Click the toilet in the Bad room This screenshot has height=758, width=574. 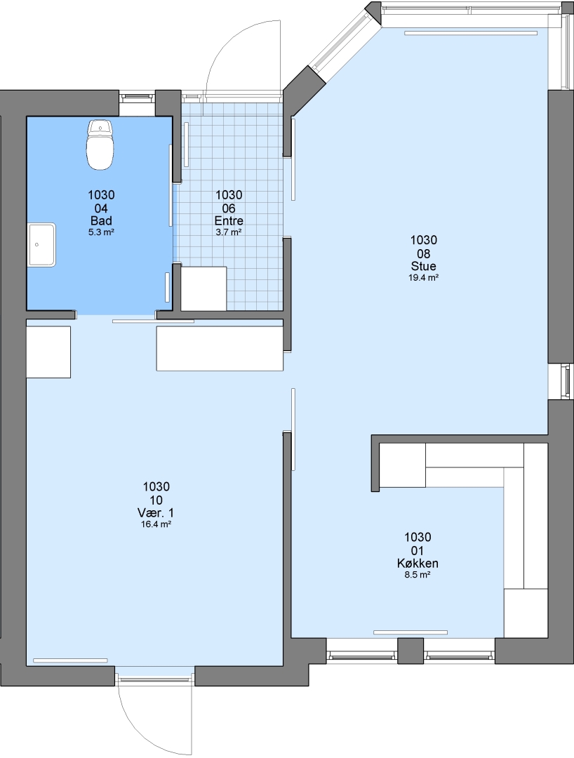click(100, 145)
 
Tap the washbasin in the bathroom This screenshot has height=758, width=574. click(41, 245)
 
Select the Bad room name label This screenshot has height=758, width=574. click(101, 221)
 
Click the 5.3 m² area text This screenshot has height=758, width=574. click(101, 232)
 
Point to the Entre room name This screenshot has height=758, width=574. click(229, 221)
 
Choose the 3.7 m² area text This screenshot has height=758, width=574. click(229, 232)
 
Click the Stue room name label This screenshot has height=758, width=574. click(424, 267)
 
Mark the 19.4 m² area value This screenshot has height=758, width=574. click(424, 277)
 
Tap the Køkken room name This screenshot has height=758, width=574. click(418, 564)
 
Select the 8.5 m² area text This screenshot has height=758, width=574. click(418, 575)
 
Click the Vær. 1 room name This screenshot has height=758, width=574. click(156, 513)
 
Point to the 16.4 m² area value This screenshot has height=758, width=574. click(156, 524)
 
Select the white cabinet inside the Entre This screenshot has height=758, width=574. click(203, 288)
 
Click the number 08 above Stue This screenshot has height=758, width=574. click(424, 253)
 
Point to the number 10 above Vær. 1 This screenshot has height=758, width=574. click(156, 500)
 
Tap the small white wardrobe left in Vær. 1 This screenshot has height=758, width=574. click(48, 352)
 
